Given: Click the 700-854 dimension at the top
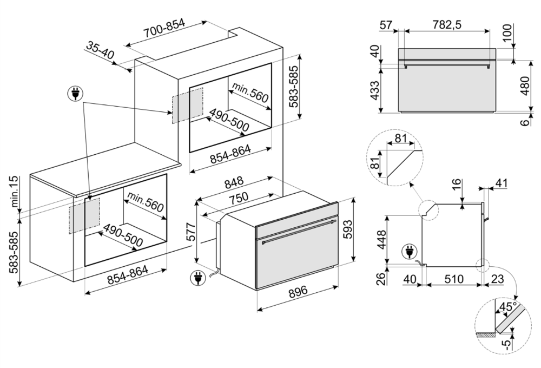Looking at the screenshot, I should click(x=164, y=31).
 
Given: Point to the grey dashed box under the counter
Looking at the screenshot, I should click(x=84, y=215).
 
